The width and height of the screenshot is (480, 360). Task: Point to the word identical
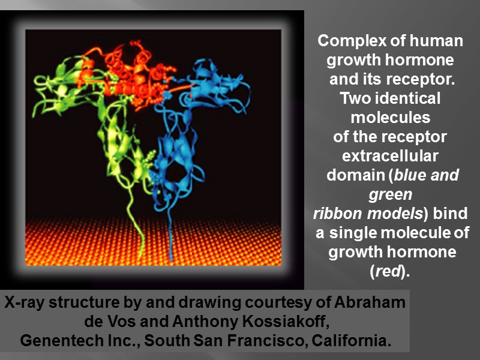(411, 98)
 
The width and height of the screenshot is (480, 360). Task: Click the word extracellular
(389, 156)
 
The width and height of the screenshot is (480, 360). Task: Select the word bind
(449, 214)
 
